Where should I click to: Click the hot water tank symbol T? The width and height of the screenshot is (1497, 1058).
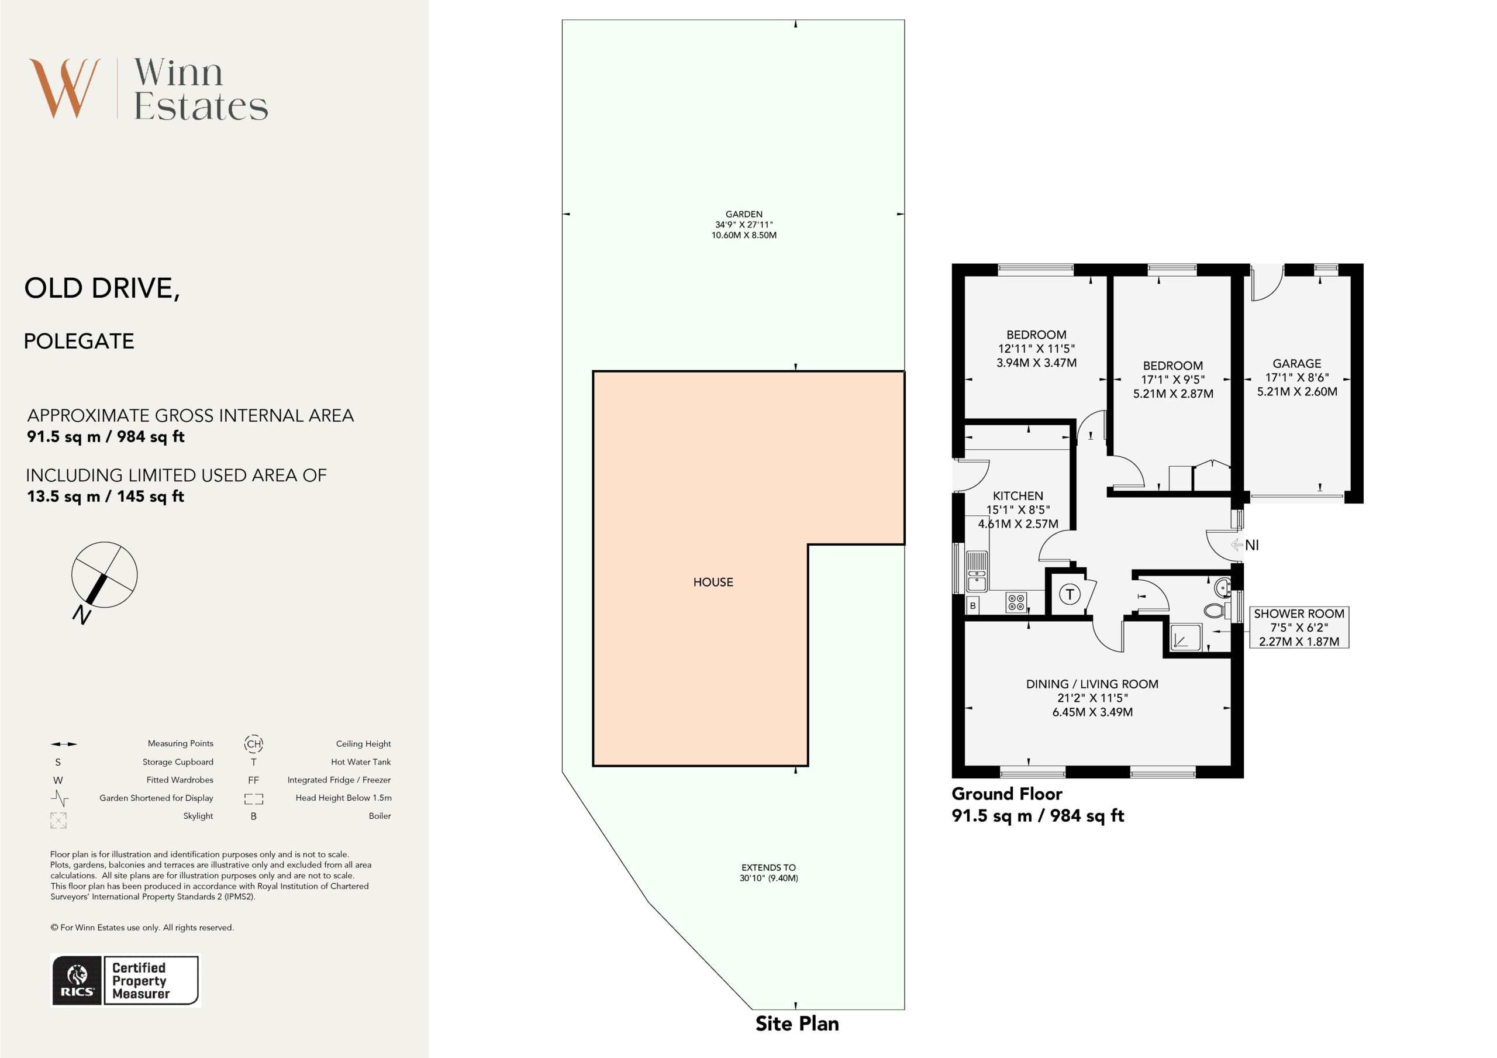(x=1070, y=594)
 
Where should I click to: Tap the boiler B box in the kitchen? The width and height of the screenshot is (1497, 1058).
(x=973, y=606)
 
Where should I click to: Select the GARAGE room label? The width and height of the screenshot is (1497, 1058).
(x=1297, y=364)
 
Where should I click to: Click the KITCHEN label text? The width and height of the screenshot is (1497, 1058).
(x=1017, y=496)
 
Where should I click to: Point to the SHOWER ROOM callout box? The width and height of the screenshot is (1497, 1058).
(x=1299, y=628)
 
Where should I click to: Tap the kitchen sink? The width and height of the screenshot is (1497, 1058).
(x=977, y=571)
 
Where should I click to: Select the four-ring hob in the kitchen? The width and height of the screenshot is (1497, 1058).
(x=1016, y=602)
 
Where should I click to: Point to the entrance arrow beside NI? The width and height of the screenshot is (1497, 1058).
(x=1236, y=544)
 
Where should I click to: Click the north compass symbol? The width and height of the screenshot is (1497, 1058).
(x=104, y=575)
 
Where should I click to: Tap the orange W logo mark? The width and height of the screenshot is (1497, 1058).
(x=64, y=89)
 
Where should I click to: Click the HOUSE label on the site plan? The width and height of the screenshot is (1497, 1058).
(x=713, y=583)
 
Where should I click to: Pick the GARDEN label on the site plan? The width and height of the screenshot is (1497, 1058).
(x=744, y=214)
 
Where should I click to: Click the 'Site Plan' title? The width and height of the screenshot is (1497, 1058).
(x=797, y=1023)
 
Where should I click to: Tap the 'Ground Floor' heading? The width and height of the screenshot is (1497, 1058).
(x=1007, y=794)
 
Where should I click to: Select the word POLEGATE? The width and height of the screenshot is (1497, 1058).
(x=79, y=341)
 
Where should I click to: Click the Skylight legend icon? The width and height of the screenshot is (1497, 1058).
(x=58, y=821)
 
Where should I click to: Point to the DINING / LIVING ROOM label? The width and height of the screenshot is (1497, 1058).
(x=1092, y=684)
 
